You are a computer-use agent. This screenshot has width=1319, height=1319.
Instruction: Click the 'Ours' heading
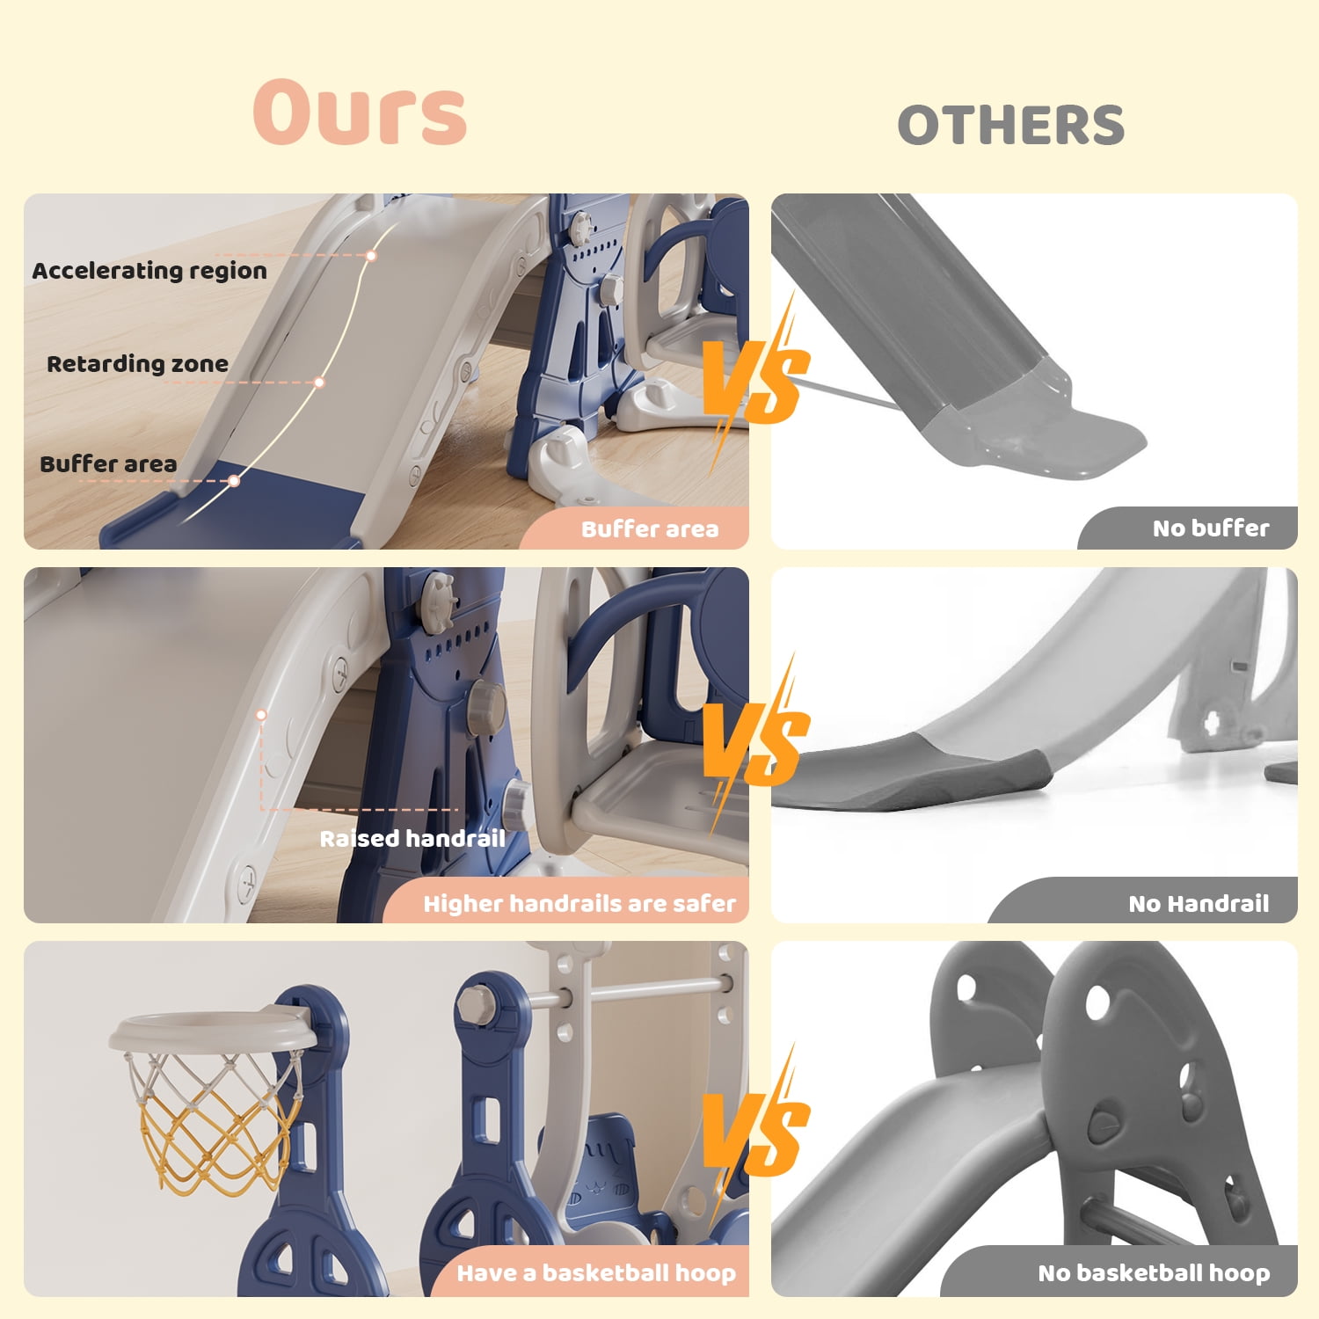point(360,113)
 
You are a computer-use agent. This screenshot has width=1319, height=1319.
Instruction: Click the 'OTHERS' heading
point(1011,125)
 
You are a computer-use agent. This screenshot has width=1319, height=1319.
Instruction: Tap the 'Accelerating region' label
point(149,271)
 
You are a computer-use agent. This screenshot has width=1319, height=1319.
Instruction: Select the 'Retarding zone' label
point(137,364)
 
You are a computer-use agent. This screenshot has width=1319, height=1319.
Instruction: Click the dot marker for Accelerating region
point(372,256)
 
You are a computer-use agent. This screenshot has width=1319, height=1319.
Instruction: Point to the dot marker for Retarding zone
point(319,383)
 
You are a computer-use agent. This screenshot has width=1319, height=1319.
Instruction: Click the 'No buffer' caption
point(1211,528)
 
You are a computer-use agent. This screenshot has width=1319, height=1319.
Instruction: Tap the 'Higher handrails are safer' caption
point(579,904)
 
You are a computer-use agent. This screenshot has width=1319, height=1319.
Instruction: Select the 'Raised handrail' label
point(412,839)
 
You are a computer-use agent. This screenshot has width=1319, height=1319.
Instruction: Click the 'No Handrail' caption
point(1199,904)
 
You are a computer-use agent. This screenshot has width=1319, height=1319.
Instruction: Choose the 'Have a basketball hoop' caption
point(596,1273)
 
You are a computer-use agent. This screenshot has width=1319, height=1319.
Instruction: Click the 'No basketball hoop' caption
point(1154,1273)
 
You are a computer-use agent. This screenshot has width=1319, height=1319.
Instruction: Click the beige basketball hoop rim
point(213,1031)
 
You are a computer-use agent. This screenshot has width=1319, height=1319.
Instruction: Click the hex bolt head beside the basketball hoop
point(476,1001)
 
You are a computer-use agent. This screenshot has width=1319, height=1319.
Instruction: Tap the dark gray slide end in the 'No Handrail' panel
point(910,774)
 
